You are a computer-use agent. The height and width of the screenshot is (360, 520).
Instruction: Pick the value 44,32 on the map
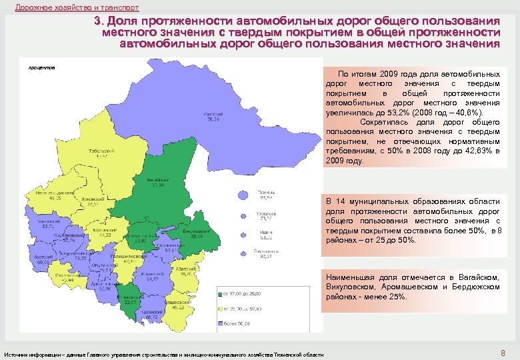click(x=105, y=235)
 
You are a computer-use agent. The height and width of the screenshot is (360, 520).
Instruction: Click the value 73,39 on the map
click(x=79, y=257)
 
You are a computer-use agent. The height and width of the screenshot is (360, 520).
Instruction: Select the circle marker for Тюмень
click(x=243, y=195)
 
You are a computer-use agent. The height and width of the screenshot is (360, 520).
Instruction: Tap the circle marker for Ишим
click(x=243, y=235)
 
